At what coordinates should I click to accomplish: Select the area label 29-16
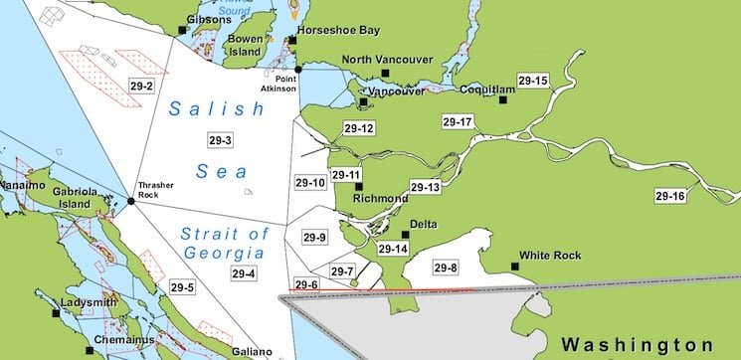tap(670, 196)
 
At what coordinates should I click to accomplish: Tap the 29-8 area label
tap(446, 267)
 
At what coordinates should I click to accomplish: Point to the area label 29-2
tap(141, 87)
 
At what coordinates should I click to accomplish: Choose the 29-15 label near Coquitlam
tap(533, 80)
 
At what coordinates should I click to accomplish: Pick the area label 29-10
tap(310, 183)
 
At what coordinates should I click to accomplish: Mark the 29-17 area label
tap(458, 121)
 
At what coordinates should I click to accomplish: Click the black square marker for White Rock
tap(515, 266)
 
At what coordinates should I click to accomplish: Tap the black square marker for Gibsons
tap(183, 30)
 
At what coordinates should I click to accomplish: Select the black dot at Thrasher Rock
tap(130, 202)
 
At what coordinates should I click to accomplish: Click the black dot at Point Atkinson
tap(298, 68)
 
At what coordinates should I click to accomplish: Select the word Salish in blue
tap(203, 109)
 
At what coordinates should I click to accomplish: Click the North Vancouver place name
tap(387, 60)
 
